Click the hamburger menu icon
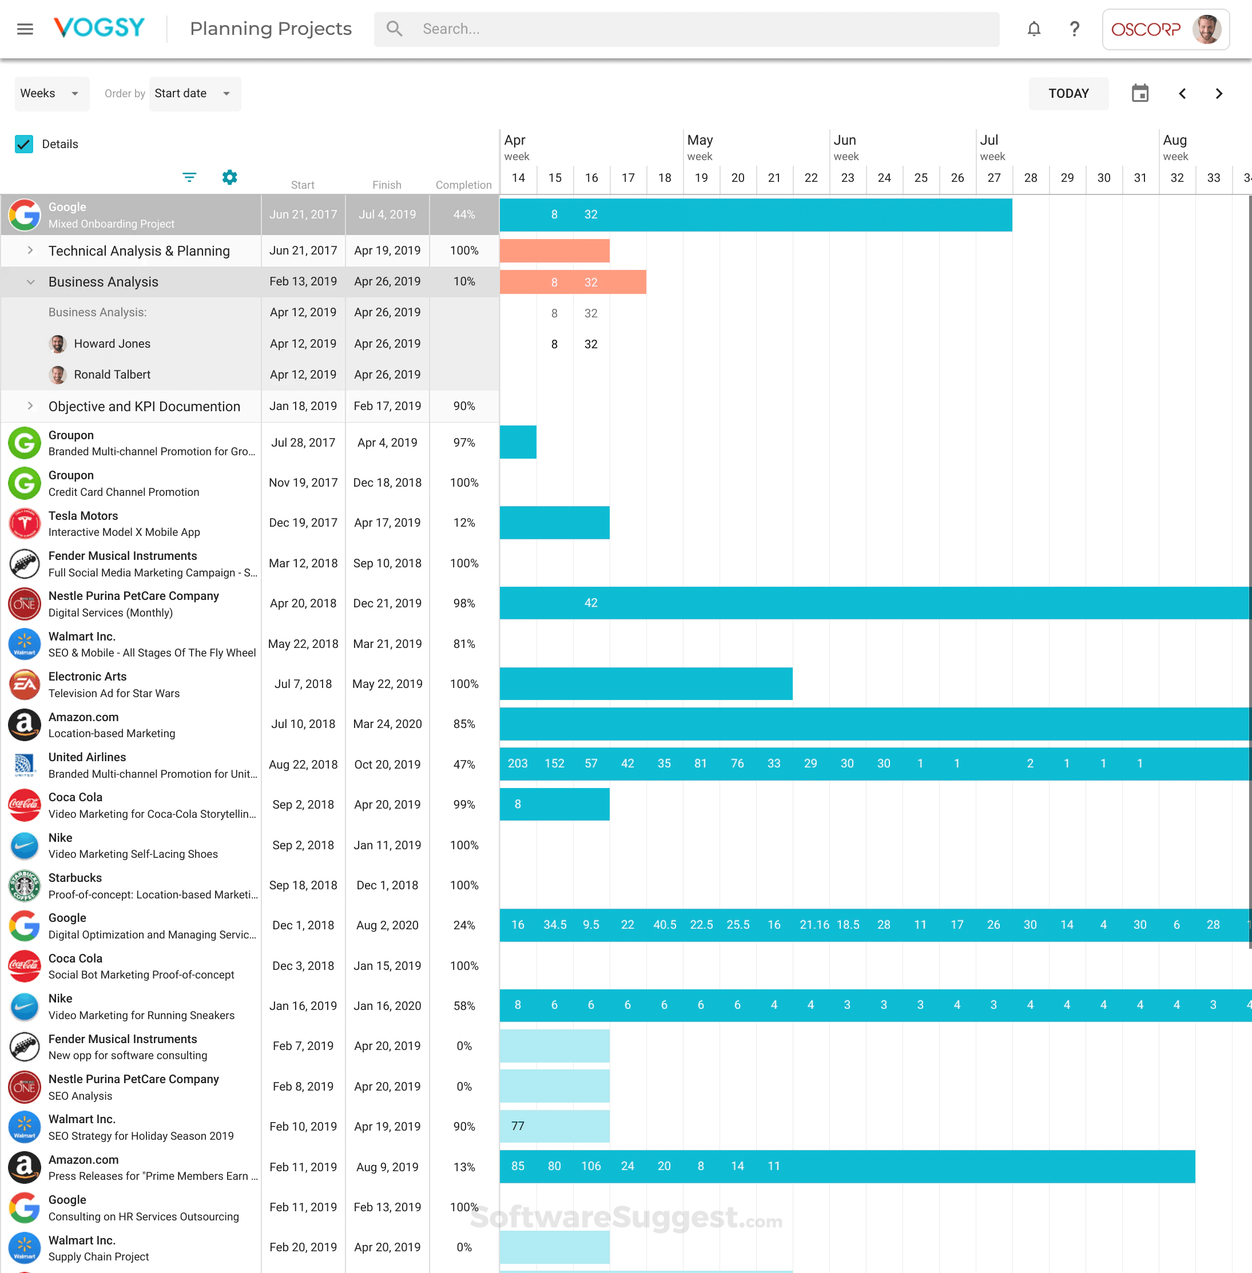(x=25, y=29)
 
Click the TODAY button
(x=1068, y=93)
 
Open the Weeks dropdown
(x=49, y=93)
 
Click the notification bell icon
(x=1034, y=29)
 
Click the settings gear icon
(x=229, y=177)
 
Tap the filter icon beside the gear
(x=189, y=177)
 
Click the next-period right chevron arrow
(x=1218, y=93)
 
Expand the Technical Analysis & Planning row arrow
(x=30, y=250)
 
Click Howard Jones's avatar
(x=58, y=343)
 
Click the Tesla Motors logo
(x=25, y=523)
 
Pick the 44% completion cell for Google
(x=464, y=214)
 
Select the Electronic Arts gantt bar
(x=646, y=684)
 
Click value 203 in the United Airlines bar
(x=518, y=763)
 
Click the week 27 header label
(x=993, y=177)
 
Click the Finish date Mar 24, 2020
(x=387, y=724)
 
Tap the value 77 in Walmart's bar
(x=518, y=1125)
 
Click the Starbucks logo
(x=25, y=886)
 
